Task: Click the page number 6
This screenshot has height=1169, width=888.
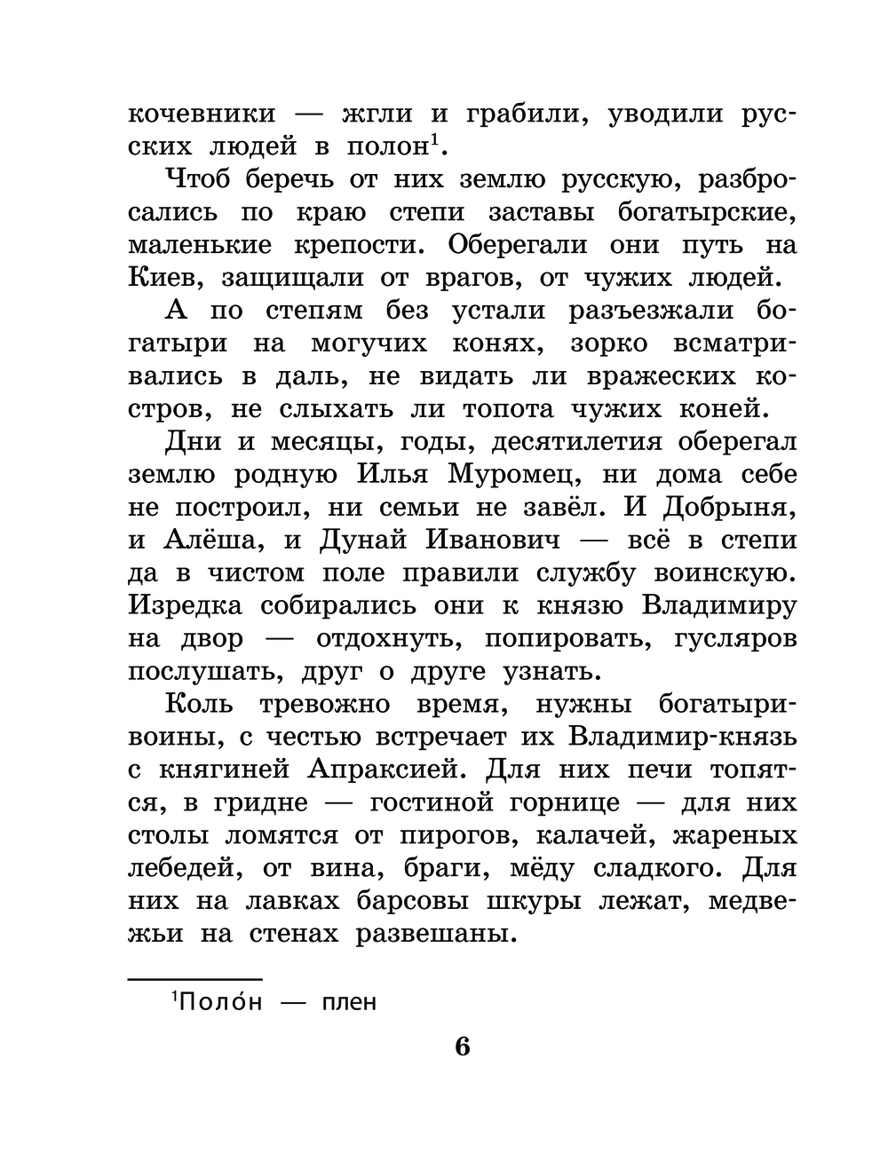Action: (463, 1047)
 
